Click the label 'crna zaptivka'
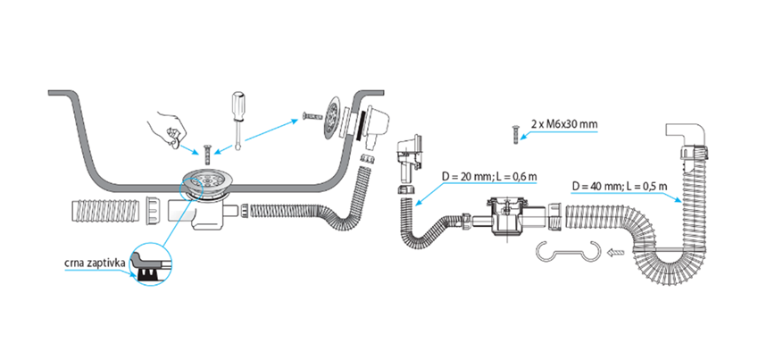(x=95, y=264)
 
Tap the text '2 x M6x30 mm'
(x=563, y=124)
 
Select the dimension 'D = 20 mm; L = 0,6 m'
(x=489, y=177)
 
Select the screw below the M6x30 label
(x=515, y=134)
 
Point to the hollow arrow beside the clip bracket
(x=616, y=252)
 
